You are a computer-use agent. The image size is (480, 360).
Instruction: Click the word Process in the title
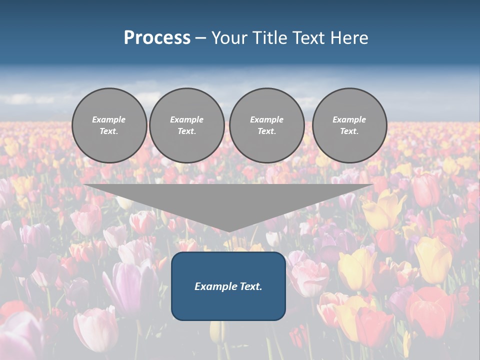(157, 37)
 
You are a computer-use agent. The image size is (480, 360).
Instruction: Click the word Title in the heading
(268, 37)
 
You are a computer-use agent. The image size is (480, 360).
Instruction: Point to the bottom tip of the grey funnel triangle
(229, 231)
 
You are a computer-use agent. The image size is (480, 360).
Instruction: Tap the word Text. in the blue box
(250, 286)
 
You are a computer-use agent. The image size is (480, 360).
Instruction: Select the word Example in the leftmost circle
(109, 119)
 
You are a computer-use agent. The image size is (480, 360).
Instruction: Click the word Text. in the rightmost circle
(349, 131)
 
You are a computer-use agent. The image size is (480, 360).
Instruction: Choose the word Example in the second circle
(187, 119)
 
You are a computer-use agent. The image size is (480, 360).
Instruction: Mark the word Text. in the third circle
(267, 131)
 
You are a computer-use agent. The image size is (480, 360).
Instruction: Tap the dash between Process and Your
(201, 38)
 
